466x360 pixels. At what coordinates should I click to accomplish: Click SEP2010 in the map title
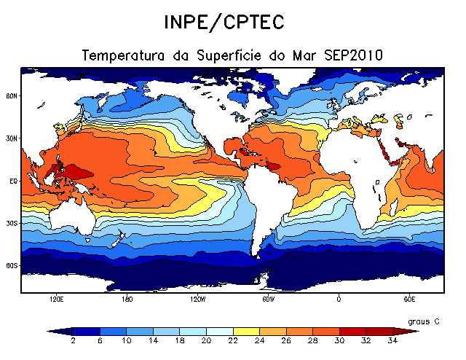coord(358,55)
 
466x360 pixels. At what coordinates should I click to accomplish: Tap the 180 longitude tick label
coord(127,299)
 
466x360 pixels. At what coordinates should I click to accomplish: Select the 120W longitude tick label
coord(197,299)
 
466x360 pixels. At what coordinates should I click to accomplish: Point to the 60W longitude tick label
coord(268,299)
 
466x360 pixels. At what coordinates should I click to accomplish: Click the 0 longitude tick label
coord(339,299)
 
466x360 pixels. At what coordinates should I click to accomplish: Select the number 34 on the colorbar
coord(392,340)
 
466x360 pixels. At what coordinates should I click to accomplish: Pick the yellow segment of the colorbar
coord(247,331)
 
